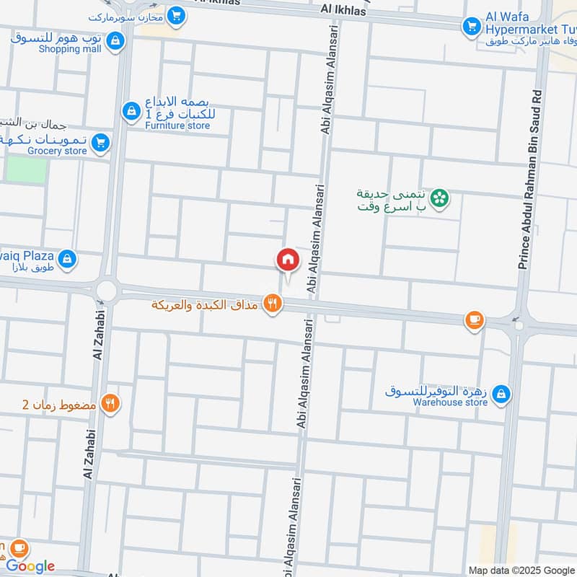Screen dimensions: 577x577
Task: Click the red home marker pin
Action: (x=287, y=260)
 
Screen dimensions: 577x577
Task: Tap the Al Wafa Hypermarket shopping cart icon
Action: (x=472, y=26)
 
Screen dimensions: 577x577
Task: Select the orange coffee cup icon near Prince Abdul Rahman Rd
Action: (x=474, y=320)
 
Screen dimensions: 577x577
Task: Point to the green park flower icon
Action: (x=439, y=197)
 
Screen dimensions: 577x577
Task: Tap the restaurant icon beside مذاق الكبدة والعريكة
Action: (x=271, y=304)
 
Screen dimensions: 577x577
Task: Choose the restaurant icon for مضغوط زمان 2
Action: (x=110, y=403)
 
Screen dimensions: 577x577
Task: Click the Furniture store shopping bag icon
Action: (x=130, y=110)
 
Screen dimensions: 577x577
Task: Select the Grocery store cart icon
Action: (x=100, y=142)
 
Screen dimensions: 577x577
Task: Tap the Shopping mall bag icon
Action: (x=114, y=42)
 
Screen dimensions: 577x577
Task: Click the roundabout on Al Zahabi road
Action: (x=107, y=291)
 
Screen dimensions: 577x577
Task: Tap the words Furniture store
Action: (x=177, y=125)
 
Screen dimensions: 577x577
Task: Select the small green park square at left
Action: (x=26, y=169)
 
